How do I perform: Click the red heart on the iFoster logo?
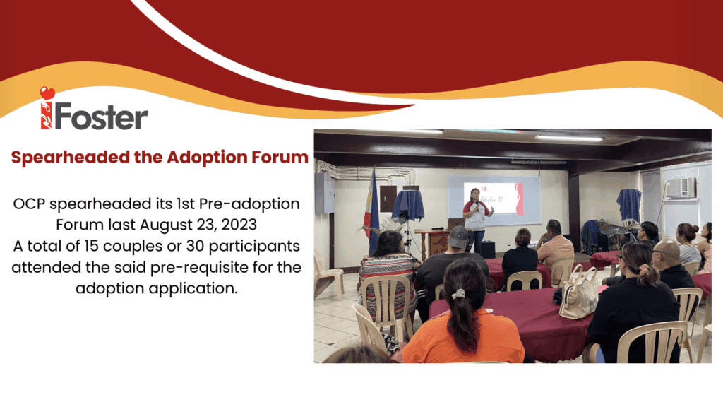[x=47, y=93]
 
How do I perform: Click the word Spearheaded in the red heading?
[x=71, y=158]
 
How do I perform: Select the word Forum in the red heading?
[x=280, y=157]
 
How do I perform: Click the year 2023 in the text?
[x=239, y=224]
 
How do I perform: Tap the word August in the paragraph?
[x=162, y=225]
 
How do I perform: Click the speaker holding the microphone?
[x=477, y=219]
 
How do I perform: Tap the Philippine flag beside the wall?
[x=373, y=210]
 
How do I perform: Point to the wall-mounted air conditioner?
[x=680, y=188]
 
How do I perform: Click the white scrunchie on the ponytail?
[x=458, y=293]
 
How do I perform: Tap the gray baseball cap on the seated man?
[x=458, y=237]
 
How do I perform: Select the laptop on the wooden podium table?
[x=455, y=224]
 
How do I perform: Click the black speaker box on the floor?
[x=487, y=249]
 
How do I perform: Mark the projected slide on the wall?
[x=494, y=200]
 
